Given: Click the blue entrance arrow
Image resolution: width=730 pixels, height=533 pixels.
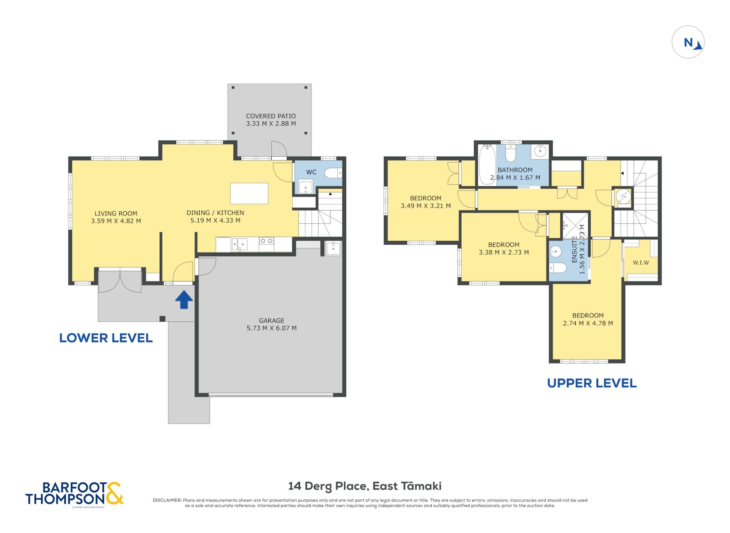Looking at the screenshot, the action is coord(184,299).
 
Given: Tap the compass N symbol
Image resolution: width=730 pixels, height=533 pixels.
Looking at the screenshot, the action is coord(688,42).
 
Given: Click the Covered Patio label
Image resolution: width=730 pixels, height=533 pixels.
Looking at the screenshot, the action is coord(271,116).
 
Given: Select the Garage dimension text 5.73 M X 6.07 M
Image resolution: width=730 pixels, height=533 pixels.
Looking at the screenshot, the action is coord(272,328).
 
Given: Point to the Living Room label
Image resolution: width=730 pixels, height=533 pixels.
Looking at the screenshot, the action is coord(116,213).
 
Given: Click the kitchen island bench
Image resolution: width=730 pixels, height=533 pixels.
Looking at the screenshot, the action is coord(249,193).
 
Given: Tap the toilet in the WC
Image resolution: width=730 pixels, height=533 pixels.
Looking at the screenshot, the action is coord(333,173).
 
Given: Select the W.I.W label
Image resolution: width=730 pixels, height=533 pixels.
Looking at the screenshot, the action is coord(641,263).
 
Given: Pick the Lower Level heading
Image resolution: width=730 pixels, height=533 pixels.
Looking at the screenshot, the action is coord(106,338).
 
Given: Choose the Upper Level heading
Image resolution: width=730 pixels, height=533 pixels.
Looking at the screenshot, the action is coord(592,383).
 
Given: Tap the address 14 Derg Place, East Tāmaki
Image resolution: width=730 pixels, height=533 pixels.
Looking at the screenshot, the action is coord(365,486).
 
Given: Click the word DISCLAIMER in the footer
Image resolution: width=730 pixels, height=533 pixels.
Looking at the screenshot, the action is coord(167,500).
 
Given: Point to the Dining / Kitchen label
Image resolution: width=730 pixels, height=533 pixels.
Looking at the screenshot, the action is coord(215,213).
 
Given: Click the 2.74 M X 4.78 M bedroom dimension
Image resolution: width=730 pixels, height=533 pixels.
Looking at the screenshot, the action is coord(588,323).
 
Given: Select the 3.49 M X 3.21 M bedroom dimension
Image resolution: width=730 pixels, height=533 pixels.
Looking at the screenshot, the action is coord(426,206).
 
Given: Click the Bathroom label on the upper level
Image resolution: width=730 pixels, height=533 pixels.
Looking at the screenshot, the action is coord(515,170).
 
